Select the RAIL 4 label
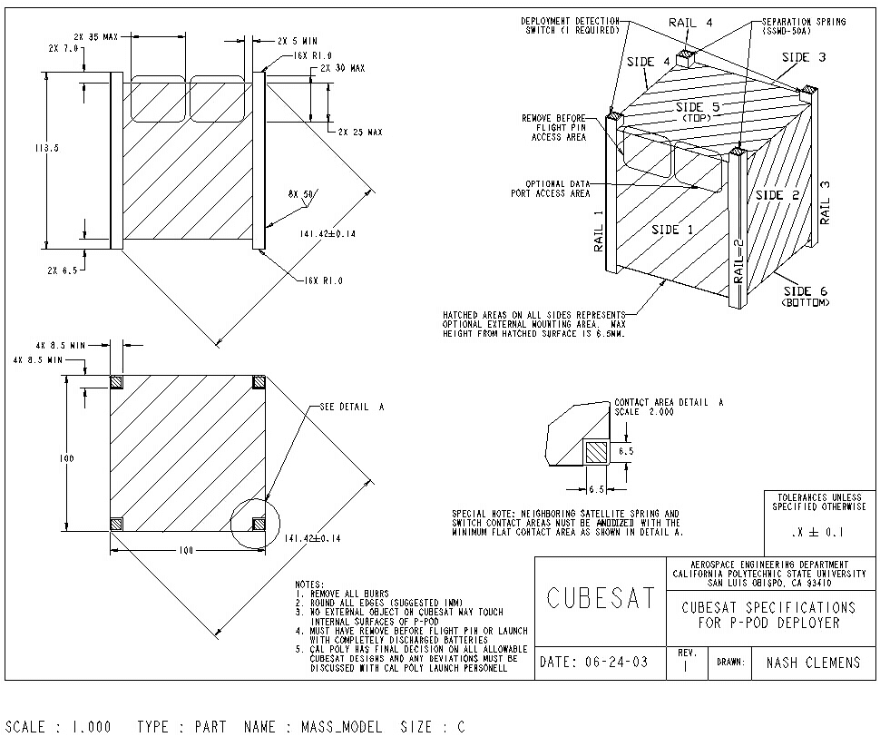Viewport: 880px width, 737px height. click(692, 21)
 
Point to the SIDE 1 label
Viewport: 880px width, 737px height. click(672, 230)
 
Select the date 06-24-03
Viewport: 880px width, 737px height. click(594, 663)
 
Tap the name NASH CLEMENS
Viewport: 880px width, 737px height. click(813, 663)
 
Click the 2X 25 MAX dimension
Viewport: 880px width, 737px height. click(360, 133)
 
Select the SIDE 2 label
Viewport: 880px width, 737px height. click(777, 195)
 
